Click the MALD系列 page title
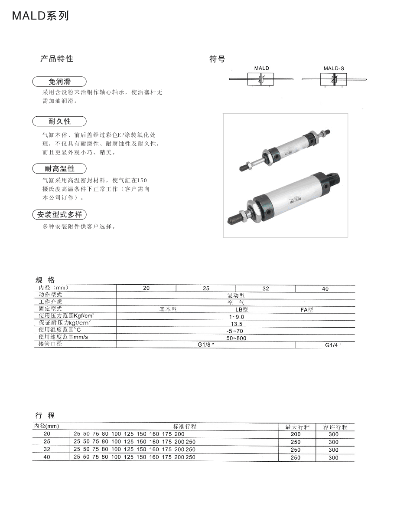tap(40, 16)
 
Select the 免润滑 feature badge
tap(59, 82)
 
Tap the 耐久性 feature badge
tap(59, 122)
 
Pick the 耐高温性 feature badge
tap(59, 168)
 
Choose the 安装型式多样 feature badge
tap(59, 214)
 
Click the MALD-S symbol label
tap(334, 68)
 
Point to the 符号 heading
tap(217, 59)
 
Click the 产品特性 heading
tap(57, 59)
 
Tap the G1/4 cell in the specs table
tap(333, 345)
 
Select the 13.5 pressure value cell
tap(237, 324)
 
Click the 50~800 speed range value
tap(236, 338)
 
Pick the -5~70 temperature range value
tap(236, 331)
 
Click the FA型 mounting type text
tap(306, 310)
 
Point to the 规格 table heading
tap(45, 280)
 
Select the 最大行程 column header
tap(297, 427)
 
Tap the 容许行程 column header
tap(335, 427)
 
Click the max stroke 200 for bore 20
tap(296, 434)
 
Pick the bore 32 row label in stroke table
tap(47, 450)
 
